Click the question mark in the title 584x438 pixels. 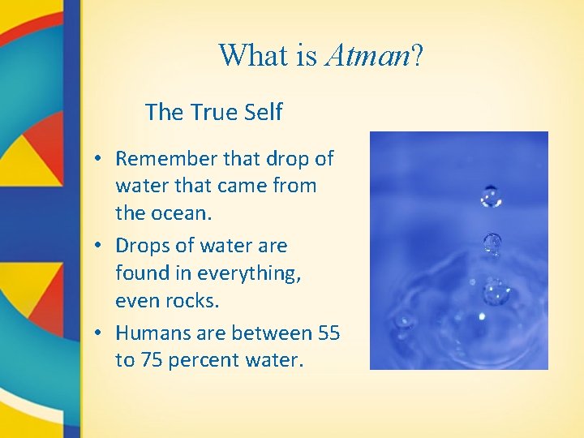[416, 55]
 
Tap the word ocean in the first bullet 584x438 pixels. [181, 215]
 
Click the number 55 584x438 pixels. [328, 333]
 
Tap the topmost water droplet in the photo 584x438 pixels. [491, 196]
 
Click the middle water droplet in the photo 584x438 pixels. [492, 242]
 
